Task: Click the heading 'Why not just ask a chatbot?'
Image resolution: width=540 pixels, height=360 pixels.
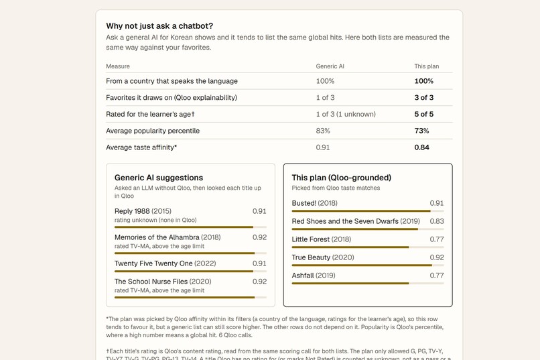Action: [x=159, y=26]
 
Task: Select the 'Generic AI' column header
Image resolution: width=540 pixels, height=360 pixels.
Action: [x=330, y=66]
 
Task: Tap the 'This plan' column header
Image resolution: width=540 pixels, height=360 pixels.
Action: [x=427, y=66]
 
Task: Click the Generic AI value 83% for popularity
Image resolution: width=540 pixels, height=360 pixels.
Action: [x=323, y=131]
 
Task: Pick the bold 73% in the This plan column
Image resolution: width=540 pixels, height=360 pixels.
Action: [x=421, y=131]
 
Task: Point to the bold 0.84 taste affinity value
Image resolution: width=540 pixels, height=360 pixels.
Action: [x=422, y=147]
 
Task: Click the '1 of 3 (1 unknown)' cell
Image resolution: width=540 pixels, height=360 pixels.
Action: [x=346, y=114]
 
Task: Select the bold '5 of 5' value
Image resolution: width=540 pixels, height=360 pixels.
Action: [x=424, y=114]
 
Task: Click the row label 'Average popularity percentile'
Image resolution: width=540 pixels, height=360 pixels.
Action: [x=153, y=131]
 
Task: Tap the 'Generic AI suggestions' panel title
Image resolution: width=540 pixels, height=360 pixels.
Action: [x=159, y=178]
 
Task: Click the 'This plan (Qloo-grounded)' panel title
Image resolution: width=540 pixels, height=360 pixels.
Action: [x=341, y=178]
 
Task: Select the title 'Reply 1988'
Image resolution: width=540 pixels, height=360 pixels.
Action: [x=132, y=211]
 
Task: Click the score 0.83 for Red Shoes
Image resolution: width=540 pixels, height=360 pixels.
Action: [x=437, y=221]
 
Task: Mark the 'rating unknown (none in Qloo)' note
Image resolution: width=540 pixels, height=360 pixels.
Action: [x=155, y=220]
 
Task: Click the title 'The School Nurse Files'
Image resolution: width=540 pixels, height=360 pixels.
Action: [x=151, y=282]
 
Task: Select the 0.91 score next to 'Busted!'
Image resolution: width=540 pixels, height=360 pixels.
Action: [x=437, y=203]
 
